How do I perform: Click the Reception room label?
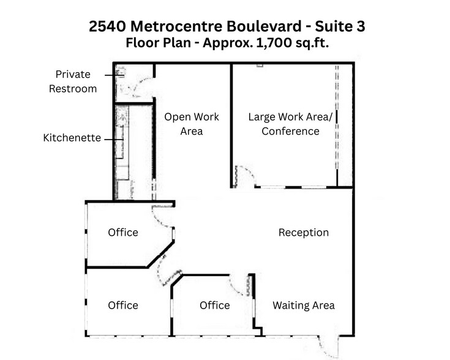click(x=304, y=233)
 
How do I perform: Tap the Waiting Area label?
click(x=304, y=305)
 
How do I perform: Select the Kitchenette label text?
click(x=72, y=138)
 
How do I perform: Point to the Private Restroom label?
click(x=73, y=81)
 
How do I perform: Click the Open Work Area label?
click(x=192, y=124)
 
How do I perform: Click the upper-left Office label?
click(x=123, y=233)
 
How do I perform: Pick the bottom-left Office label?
click(x=123, y=305)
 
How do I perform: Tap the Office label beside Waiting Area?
click(x=215, y=305)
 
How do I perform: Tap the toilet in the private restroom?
click(x=119, y=73)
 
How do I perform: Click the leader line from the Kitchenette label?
click(x=111, y=139)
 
